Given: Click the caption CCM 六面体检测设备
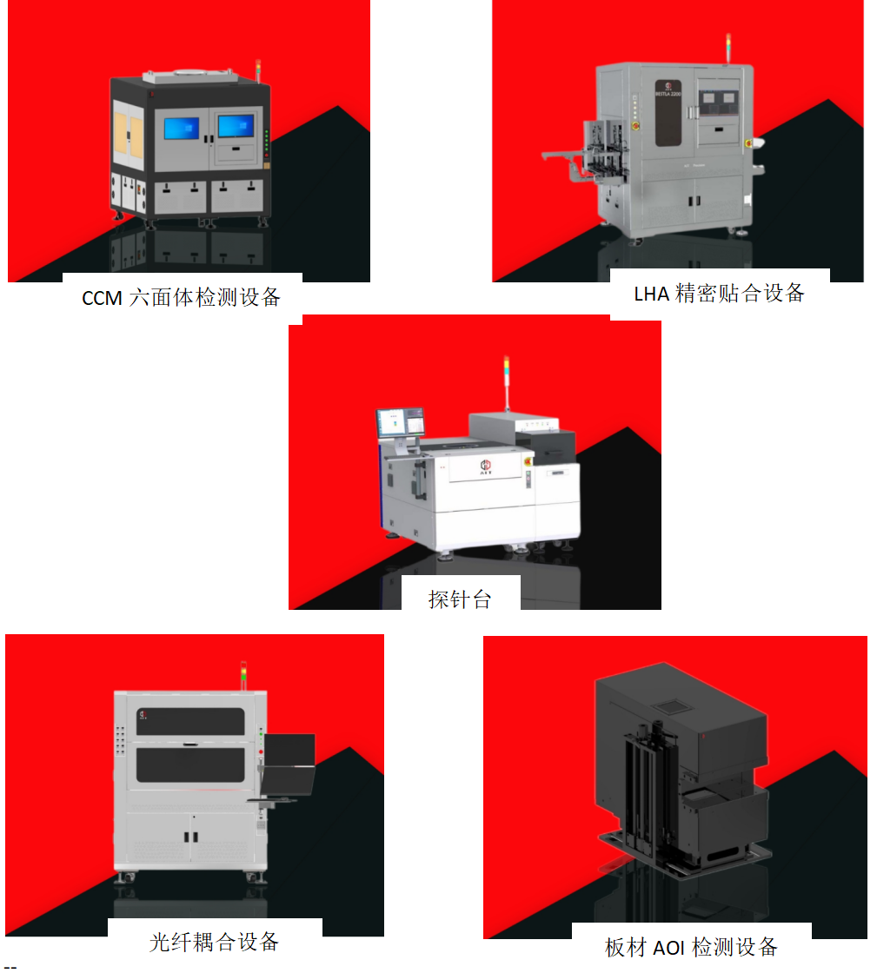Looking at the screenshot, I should tap(182, 297).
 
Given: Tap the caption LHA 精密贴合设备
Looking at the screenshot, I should tap(719, 293).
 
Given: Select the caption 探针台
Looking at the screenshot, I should tap(460, 599).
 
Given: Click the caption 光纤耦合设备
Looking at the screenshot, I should tap(214, 941).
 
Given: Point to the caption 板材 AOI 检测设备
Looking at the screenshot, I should tap(691, 946).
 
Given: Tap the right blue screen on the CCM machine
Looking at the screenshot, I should tap(236, 126).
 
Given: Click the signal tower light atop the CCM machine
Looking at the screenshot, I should tap(258, 70).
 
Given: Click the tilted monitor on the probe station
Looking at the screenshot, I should tap(400, 423).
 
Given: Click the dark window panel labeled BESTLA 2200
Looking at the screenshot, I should tap(669, 113).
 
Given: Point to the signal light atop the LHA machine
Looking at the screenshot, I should tap(728, 49).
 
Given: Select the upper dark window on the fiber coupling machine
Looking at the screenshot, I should tap(190, 721).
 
